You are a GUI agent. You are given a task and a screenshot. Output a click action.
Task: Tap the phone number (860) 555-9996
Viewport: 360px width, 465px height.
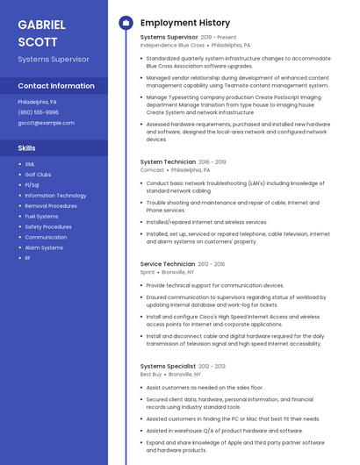point(38,112)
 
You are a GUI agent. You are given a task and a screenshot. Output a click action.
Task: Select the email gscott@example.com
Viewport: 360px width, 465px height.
point(46,123)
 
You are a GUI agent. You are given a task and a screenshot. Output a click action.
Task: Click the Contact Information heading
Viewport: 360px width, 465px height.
point(56,86)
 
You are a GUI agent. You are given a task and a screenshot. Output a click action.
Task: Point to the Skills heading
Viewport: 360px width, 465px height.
point(26,148)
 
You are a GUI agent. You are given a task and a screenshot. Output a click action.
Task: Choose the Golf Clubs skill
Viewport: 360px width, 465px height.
point(38,175)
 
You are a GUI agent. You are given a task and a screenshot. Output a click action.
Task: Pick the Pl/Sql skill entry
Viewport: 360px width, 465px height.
point(32,185)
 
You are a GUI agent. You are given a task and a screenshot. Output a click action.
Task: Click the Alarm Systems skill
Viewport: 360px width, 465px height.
point(44,247)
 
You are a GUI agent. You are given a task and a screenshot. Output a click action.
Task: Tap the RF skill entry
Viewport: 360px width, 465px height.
point(27,258)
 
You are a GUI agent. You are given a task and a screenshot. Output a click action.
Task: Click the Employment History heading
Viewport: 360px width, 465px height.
point(185,23)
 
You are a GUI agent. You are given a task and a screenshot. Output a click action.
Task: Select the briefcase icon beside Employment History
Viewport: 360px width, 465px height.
point(126,23)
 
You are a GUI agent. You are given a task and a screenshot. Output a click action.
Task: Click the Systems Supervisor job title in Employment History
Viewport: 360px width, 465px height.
point(169,38)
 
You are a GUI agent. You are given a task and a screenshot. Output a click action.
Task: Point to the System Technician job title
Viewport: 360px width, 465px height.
point(168,162)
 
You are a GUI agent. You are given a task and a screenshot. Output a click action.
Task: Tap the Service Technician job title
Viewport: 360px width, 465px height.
point(168,264)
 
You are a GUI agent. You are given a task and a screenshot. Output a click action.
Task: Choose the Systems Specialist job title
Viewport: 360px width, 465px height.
point(168,366)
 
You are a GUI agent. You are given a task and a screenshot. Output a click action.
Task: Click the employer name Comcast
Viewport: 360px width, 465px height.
point(152,170)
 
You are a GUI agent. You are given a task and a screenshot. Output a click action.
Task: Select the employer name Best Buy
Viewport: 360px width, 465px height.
point(151,374)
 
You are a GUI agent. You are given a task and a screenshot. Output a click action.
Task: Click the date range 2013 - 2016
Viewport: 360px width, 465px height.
point(212,264)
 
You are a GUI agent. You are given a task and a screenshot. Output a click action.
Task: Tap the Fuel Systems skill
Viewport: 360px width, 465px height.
point(41,216)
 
